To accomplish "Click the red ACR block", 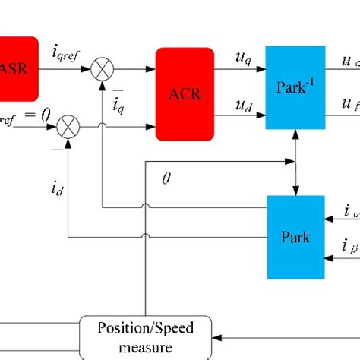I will pyautogui.click(x=185, y=93).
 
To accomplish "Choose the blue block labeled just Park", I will pyautogui.click(x=295, y=237).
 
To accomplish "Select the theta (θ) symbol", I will pyautogui.click(x=167, y=178).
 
